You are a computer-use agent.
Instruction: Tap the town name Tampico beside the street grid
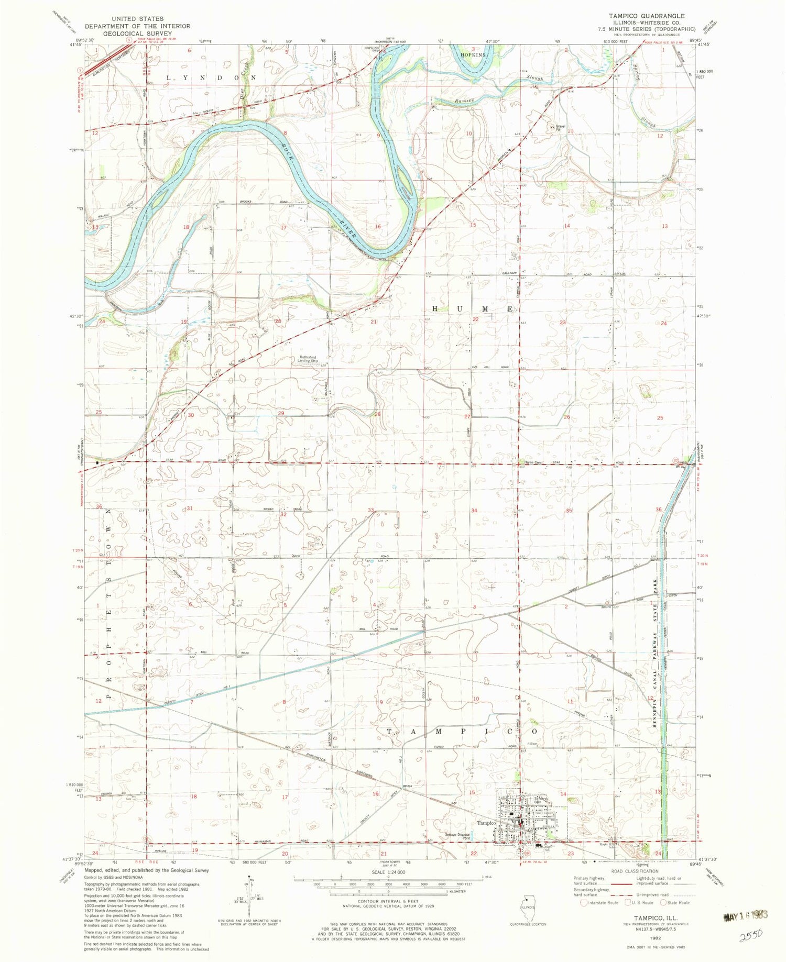tap(487, 823)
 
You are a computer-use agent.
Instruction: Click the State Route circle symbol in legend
tap(664, 902)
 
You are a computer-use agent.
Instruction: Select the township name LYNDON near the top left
tap(211, 77)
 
